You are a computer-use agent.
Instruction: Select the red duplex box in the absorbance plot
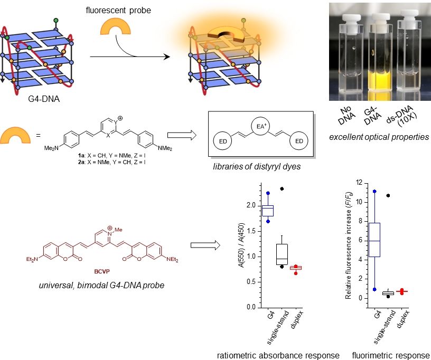(296, 268)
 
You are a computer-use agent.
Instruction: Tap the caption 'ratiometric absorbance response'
(278, 355)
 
